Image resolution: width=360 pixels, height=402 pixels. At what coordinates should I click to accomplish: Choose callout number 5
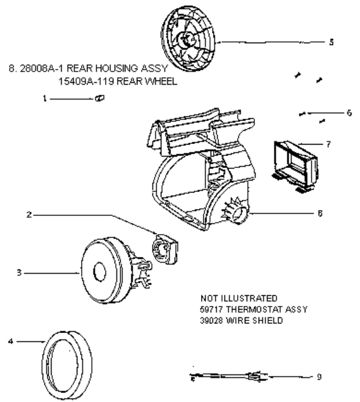point(331,43)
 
